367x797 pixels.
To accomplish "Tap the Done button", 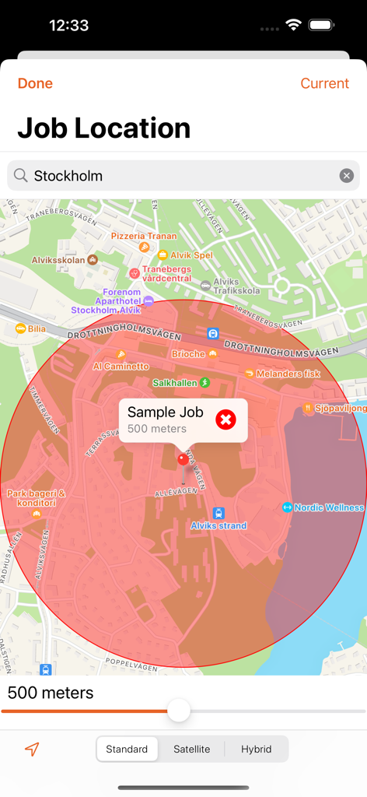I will (35, 83).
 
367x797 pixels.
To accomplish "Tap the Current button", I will (324, 83).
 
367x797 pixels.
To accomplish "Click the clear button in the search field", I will (347, 176).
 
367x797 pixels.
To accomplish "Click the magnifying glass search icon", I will (21, 176).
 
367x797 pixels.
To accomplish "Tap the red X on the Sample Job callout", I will (225, 420).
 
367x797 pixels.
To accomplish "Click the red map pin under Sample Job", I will (183, 459).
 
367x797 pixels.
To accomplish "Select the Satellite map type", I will (191, 749).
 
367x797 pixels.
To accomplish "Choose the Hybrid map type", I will (256, 749).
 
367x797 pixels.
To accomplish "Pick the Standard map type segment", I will (127, 749).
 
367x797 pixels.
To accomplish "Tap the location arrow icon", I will (32, 750).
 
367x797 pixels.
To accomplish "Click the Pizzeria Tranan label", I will (144, 236).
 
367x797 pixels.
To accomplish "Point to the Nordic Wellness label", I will (328, 507).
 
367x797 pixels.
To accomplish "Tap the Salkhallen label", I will (176, 383).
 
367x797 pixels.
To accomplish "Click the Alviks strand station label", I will (218, 525).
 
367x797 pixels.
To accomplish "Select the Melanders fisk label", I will (288, 374).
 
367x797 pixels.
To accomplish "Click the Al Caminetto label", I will (121, 366).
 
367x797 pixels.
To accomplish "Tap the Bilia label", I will (36, 329).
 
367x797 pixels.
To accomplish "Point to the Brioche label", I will (189, 354).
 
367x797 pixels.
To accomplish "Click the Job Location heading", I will (104, 128).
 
